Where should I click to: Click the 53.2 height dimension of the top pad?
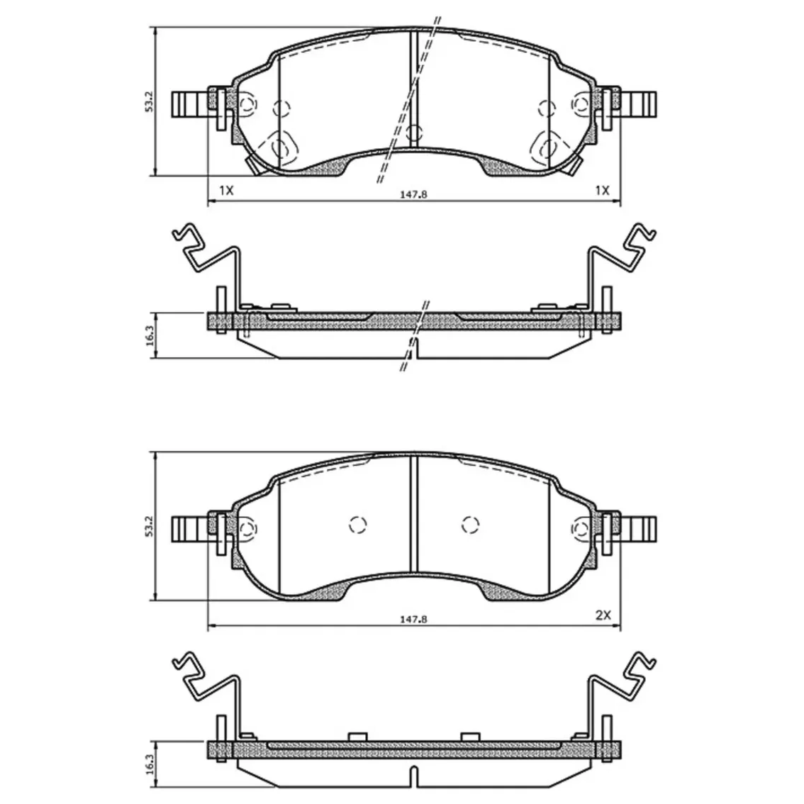tap(149, 101)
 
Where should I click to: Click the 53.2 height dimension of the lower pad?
tap(149, 526)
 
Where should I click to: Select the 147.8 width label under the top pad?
tap(413, 194)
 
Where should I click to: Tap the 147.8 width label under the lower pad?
tap(413, 619)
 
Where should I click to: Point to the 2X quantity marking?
tap(603, 615)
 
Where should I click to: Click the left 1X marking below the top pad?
tap(226, 191)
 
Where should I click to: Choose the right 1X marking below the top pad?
tap(603, 191)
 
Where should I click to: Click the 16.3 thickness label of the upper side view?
tap(149, 335)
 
